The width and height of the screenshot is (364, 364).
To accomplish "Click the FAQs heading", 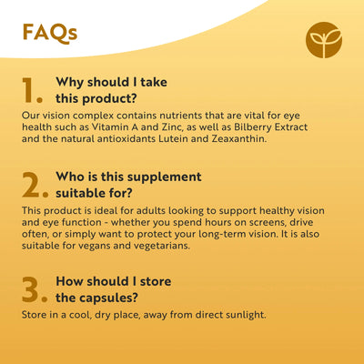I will point(49,33).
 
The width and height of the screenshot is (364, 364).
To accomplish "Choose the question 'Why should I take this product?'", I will point(110,90).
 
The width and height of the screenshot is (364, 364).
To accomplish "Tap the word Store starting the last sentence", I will point(35,314).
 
